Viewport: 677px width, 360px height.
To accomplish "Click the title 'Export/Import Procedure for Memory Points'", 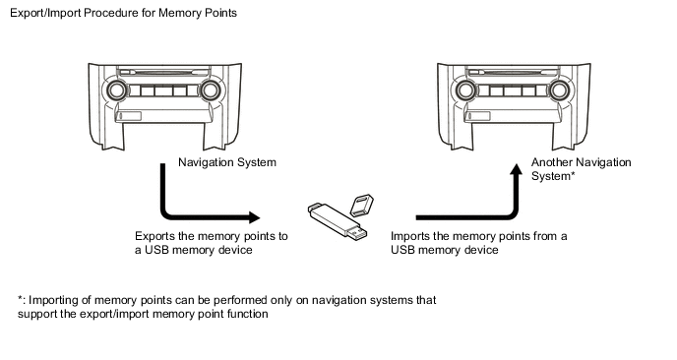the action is click(123, 13).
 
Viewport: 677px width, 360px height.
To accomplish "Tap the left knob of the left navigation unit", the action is click(116, 90).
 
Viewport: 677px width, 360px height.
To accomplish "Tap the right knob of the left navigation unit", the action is click(210, 90).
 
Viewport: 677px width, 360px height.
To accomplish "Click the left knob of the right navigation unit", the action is click(465, 90).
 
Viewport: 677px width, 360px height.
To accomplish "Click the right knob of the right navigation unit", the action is click(559, 90).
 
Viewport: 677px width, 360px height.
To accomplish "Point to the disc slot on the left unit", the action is click(163, 72).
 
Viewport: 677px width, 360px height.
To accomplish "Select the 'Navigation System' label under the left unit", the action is click(227, 162).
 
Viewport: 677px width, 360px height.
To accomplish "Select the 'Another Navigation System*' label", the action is click(582, 169).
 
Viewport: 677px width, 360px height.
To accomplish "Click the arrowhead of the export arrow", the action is click(255, 217).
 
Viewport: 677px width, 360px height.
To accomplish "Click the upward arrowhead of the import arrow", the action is click(516, 169).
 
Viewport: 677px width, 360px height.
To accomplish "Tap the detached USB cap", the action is click(361, 205).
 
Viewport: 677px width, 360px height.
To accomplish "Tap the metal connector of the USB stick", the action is click(358, 234).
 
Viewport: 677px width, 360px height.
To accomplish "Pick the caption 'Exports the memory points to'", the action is click(212, 236).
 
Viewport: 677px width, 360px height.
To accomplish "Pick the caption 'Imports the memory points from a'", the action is click(479, 236).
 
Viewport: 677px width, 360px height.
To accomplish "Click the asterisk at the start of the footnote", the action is click(21, 298).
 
